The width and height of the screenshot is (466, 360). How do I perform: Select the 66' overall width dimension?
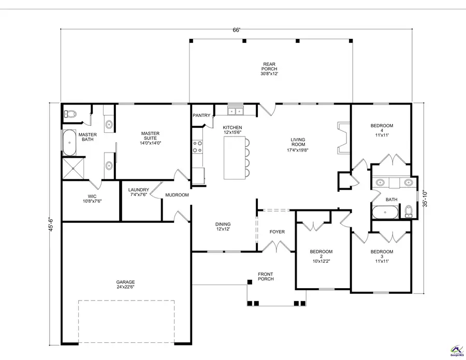click(236, 31)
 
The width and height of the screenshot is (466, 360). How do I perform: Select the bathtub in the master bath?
click(69, 143)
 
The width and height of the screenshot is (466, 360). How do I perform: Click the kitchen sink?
click(236, 111)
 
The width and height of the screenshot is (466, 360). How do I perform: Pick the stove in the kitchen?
click(197, 146)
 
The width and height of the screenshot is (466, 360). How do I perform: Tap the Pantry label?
click(200, 115)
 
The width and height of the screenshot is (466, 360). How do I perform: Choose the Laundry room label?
click(139, 192)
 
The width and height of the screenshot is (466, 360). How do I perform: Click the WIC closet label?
click(92, 199)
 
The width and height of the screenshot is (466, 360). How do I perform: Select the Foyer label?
click(277, 232)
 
